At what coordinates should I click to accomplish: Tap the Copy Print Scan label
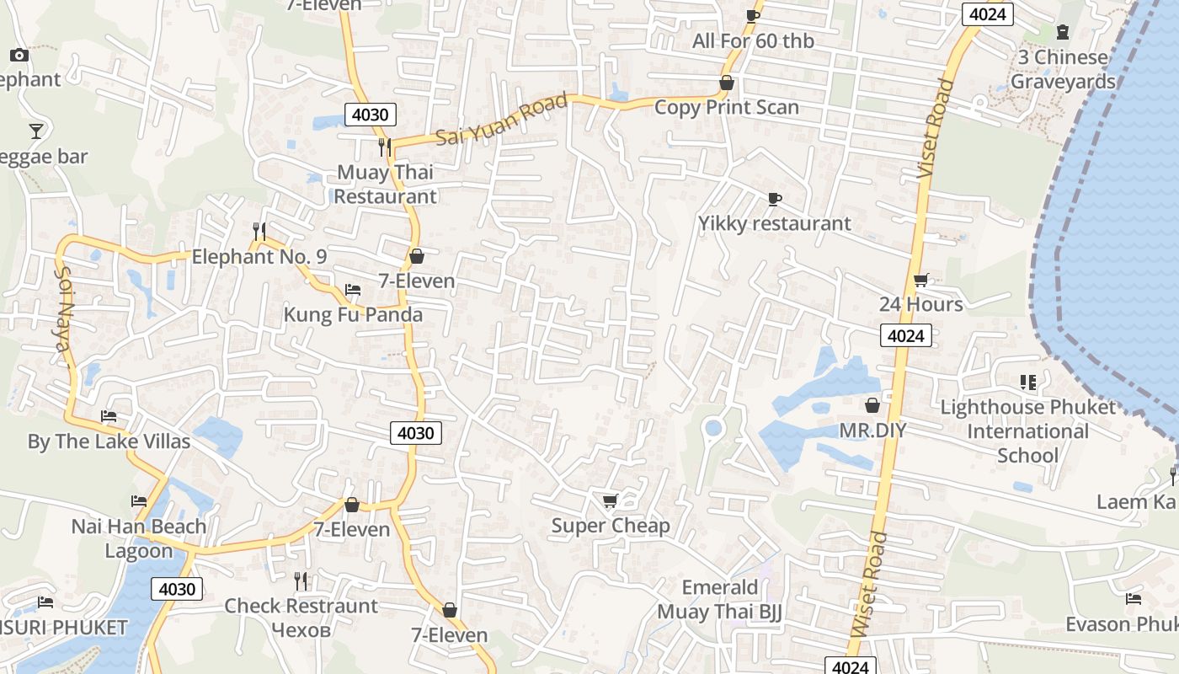[x=726, y=107]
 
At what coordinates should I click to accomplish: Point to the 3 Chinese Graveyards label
[x=1063, y=69]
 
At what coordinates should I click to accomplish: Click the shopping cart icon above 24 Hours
[x=921, y=280]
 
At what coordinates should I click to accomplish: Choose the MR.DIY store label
[x=872, y=431]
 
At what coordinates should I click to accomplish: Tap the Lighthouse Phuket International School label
[x=1027, y=431]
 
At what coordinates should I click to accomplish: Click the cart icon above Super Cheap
[x=611, y=501]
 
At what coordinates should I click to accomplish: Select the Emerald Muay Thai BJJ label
[x=719, y=599]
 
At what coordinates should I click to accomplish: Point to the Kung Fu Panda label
[x=353, y=314]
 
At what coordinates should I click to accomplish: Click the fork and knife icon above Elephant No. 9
[x=259, y=230]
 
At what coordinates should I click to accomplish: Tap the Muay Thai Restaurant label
[x=386, y=184]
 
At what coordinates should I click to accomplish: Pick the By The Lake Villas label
[x=109, y=441]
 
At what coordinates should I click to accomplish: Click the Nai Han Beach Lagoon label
[x=139, y=538]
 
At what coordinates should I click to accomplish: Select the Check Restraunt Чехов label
[x=301, y=618]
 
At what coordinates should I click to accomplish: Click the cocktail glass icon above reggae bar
[x=36, y=131]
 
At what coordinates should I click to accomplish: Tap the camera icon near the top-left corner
[x=19, y=55]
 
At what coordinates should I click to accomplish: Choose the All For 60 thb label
[x=753, y=40]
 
